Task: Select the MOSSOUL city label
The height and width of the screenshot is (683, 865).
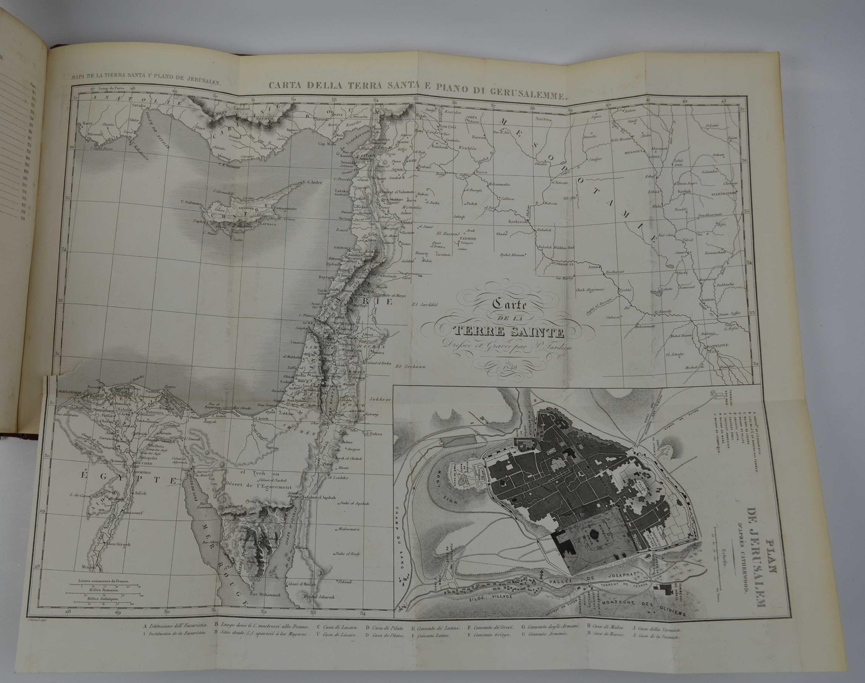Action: (x=635, y=153)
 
